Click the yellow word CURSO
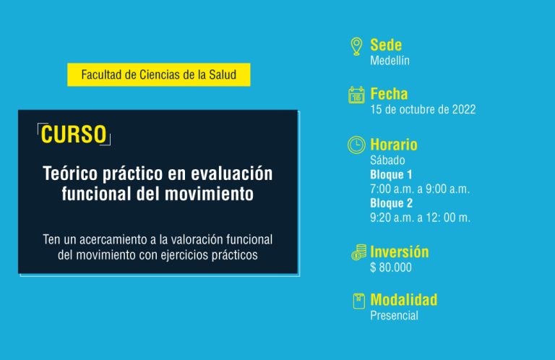pos(74,134)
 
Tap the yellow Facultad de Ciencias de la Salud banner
pos(158,74)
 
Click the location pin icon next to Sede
pos(356,47)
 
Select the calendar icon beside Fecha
pos(356,95)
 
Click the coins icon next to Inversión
pos(359,252)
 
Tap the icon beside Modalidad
pos(359,301)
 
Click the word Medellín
pos(390,61)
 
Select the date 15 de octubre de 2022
pos(423,109)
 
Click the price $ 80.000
pos(391,267)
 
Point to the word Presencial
pos(395,315)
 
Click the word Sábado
pos(387,160)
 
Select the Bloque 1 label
pos(391,174)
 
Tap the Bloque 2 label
pos(392,203)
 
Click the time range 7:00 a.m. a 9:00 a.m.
pos(420,189)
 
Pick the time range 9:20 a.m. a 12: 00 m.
pos(420,218)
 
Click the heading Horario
pos(394,145)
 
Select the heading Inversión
pos(400,252)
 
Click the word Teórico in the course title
pos(70,173)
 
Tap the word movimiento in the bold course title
pos(209,194)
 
